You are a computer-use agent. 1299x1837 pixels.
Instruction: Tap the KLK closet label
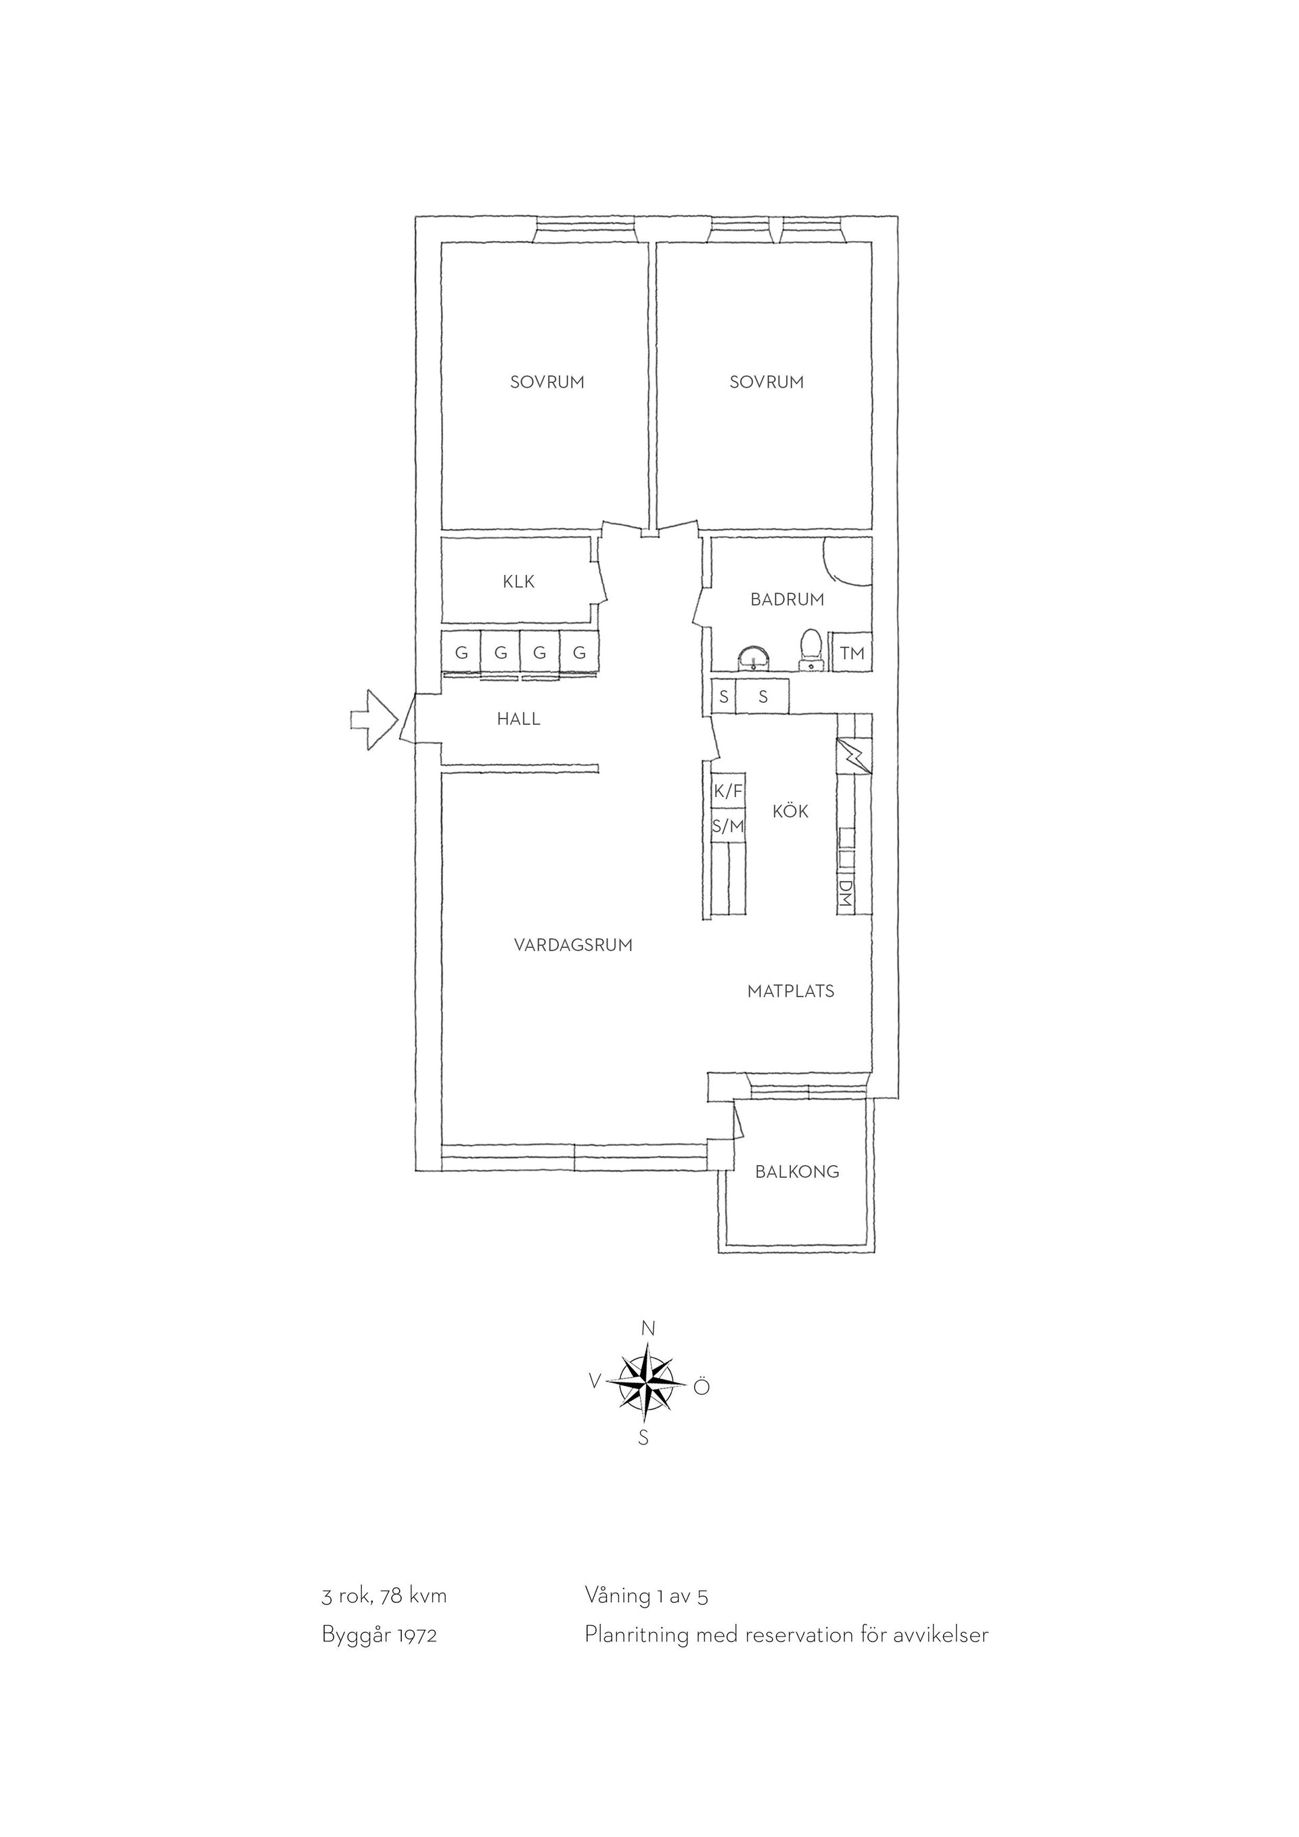click(x=518, y=582)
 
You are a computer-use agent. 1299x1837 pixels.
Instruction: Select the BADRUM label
click(x=787, y=599)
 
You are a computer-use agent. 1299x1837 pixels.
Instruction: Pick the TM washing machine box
click(x=852, y=653)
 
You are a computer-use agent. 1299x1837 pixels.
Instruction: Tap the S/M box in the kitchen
click(x=728, y=825)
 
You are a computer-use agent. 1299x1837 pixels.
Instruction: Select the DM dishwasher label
click(x=846, y=893)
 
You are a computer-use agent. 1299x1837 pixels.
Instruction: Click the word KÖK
click(x=790, y=811)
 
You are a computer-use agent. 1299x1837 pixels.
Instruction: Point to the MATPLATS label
click(x=791, y=991)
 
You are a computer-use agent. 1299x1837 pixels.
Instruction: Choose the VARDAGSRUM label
click(x=574, y=945)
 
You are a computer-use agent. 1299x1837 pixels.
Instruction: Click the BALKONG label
click(x=798, y=1172)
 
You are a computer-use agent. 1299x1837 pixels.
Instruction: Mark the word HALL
click(x=518, y=719)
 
